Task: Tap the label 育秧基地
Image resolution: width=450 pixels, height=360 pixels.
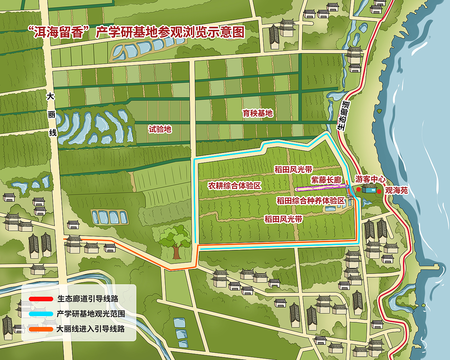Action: coord(258,113)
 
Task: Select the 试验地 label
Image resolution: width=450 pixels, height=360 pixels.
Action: coord(160,129)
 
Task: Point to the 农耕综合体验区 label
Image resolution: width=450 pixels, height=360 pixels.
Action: coord(234,186)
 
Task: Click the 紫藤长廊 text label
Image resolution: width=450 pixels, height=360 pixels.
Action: coord(326,180)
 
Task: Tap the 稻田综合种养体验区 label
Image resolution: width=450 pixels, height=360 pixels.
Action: coord(310,201)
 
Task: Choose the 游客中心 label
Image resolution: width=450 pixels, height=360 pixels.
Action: coord(370,179)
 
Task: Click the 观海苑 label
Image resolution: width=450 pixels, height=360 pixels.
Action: coord(397,190)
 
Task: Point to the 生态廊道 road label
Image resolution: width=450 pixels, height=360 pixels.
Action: coord(343,116)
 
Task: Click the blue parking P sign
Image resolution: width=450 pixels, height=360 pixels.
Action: coord(347,187)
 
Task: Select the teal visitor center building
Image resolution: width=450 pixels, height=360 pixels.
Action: coord(369,190)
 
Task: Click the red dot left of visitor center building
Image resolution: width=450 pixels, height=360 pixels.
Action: coord(358,189)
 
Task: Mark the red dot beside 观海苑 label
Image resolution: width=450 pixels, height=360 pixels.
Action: coord(379,191)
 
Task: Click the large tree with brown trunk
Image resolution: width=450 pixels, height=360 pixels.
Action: coord(175,241)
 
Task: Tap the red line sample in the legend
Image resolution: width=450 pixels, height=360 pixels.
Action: coord(41,299)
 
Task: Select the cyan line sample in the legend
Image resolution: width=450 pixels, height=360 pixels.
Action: coord(41,314)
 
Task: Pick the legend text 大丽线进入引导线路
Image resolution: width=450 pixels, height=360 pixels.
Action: coord(91,329)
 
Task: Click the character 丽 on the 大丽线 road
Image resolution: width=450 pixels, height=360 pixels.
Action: coord(52,115)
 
